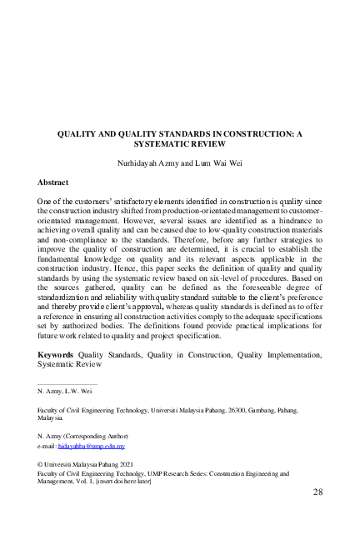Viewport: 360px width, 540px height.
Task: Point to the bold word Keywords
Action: (x=56, y=355)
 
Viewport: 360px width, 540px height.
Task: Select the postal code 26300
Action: (x=239, y=410)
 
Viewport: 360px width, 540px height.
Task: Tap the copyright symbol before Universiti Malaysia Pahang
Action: (x=42, y=462)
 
